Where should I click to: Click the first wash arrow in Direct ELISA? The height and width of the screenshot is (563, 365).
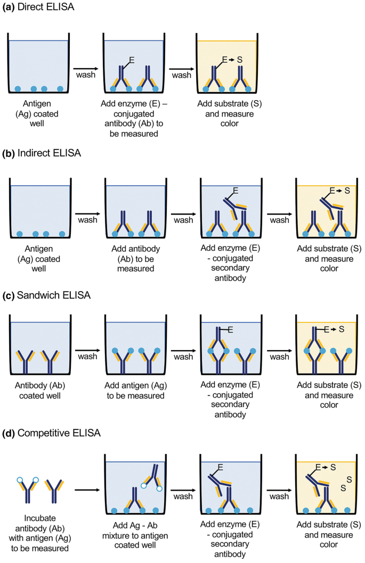click(x=85, y=69)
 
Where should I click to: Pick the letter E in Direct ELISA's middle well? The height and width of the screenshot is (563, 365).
click(x=131, y=60)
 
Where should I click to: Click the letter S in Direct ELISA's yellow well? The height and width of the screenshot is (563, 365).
click(x=239, y=60)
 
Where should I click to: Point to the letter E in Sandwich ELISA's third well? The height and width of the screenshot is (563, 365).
click(x=229, y=330)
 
